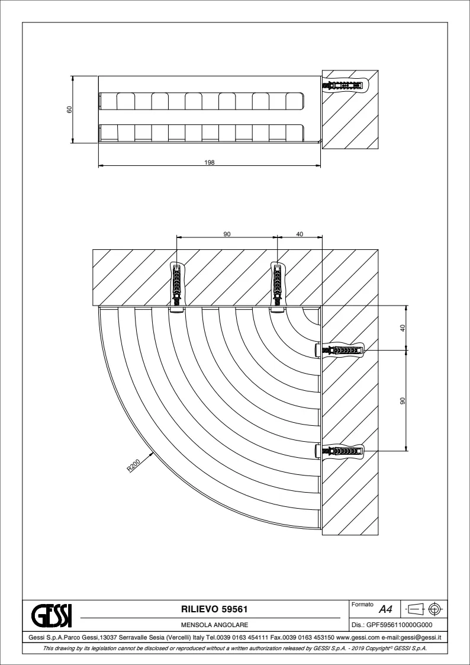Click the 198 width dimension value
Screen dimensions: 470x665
coord(210,162)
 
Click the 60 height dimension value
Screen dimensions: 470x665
coord(69,110)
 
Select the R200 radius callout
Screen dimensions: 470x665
coord(133,466)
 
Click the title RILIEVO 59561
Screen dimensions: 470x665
coord(214,609)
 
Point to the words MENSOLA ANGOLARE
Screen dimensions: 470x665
coord(214,625)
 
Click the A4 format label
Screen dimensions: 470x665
coord(385,610)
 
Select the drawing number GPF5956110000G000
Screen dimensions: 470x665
coord(399,625)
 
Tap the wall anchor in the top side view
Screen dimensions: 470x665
coord(345,86)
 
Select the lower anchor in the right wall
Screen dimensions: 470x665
coord(340,450)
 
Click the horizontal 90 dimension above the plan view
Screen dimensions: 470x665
coord(227,234)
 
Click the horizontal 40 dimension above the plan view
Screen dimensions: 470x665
coord(300,234)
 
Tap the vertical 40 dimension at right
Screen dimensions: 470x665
coord(403,328)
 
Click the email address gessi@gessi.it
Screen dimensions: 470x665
coord(421,637)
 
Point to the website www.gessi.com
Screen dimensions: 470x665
coord(358,637)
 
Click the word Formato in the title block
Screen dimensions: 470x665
coord(362,605)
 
